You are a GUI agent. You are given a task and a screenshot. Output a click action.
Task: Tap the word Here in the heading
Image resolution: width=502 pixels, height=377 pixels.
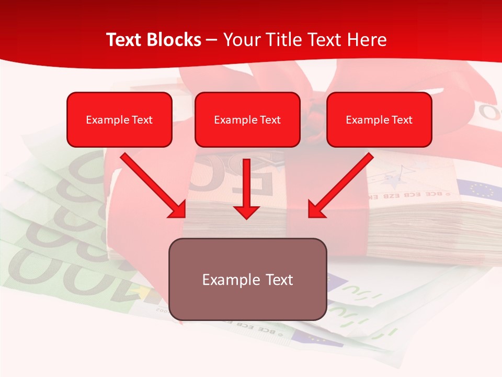click(368, 40)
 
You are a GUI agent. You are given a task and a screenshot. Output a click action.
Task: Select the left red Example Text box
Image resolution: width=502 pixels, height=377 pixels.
click(119, 119)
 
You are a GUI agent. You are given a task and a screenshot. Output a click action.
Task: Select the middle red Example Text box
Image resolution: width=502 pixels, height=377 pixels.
click(247, 119)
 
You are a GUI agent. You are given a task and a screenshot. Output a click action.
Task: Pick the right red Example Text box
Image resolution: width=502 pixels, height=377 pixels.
click(379, 119)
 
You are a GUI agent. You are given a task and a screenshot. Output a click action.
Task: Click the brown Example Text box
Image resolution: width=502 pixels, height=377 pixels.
click(247, 279)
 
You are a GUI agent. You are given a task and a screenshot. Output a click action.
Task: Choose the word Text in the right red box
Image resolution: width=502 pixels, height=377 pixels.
click(402, 120)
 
